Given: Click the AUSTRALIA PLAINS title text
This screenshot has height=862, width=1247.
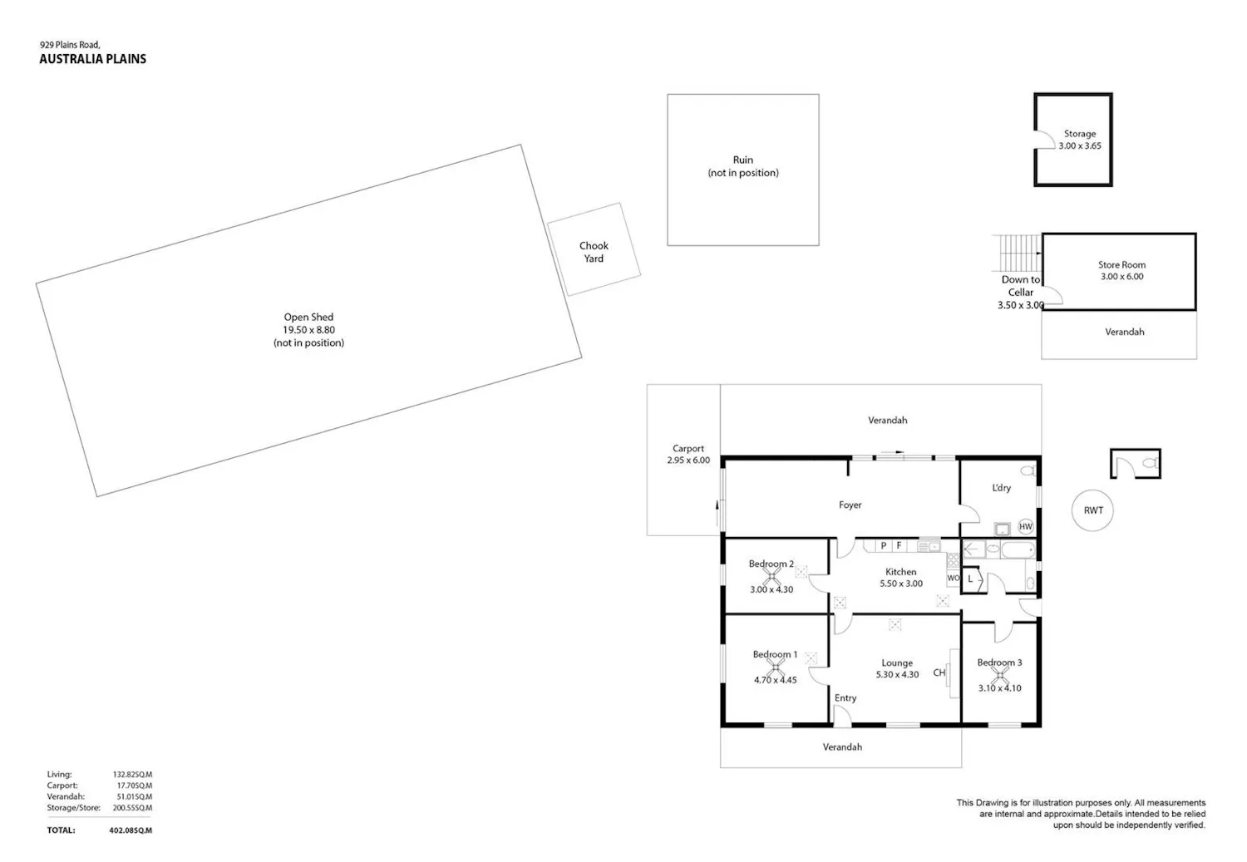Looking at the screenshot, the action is coord(92,59).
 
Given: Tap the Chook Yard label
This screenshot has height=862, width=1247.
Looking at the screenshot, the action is coord(594,252).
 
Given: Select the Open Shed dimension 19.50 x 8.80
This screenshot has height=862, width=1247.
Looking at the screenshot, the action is coord(308,330).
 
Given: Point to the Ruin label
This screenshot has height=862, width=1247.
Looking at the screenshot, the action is coord(742,160).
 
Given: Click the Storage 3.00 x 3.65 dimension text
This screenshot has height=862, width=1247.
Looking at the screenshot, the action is coord(1079,145).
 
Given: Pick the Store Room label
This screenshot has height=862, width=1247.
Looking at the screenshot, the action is coord(1121,265).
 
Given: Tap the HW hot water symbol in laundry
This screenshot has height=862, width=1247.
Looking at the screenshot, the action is coord(1025,526).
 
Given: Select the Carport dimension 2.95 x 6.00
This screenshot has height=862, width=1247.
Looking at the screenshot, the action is coord(688,461).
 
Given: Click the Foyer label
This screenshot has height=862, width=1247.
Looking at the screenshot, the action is coord(850,505).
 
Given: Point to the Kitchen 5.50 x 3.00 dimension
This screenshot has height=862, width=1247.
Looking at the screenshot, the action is coord(900,584).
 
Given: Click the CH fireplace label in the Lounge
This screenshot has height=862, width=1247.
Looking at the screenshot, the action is coord(939,672).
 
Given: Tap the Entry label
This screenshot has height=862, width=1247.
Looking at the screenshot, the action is coord(845,698).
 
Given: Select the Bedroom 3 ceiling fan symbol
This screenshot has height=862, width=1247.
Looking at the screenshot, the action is coord(1000,676).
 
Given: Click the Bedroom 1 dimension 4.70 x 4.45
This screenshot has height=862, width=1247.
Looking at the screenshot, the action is coord(775,680).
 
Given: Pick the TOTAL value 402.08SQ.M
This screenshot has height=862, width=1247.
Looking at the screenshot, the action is coord(131,830).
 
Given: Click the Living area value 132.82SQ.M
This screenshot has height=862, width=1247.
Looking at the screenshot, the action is coord(132,775).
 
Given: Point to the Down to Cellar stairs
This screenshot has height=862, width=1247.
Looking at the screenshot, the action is coord(1016,253).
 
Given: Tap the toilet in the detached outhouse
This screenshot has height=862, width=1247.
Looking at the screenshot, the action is coord(1151,463).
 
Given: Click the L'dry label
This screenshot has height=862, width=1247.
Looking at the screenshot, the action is coord(1001,488).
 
